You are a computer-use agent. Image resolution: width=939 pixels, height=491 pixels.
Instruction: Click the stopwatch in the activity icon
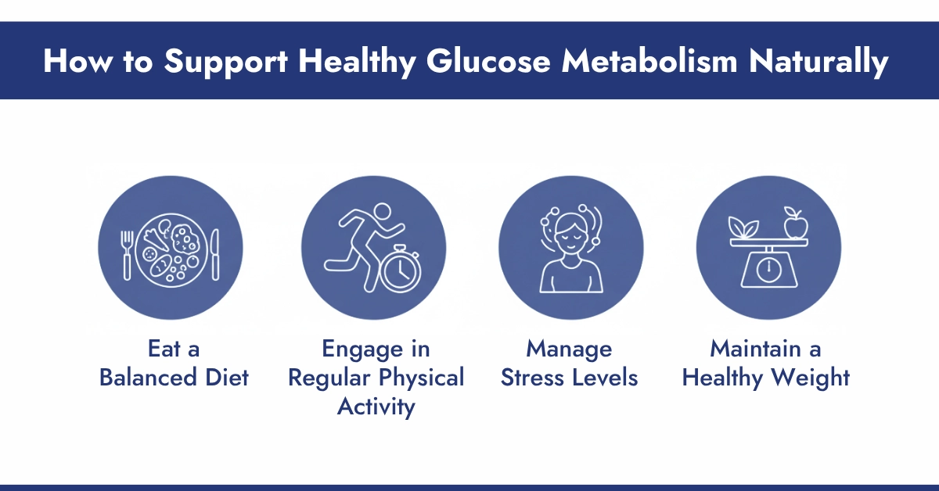click(401, 271)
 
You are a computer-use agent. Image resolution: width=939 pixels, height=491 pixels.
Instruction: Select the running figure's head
click(382, 211)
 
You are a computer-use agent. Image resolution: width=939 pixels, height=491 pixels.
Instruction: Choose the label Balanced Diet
click(174, 378)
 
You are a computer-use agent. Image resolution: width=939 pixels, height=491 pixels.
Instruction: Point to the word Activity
click(376, 407)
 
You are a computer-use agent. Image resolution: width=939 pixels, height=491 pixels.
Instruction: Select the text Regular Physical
click(376, 378)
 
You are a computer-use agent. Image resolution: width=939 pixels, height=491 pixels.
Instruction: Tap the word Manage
click(569, 348)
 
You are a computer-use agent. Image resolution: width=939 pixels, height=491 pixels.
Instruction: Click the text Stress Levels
click(569, 378)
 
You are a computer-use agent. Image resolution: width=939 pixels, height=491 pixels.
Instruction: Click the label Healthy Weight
click(766, 378)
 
